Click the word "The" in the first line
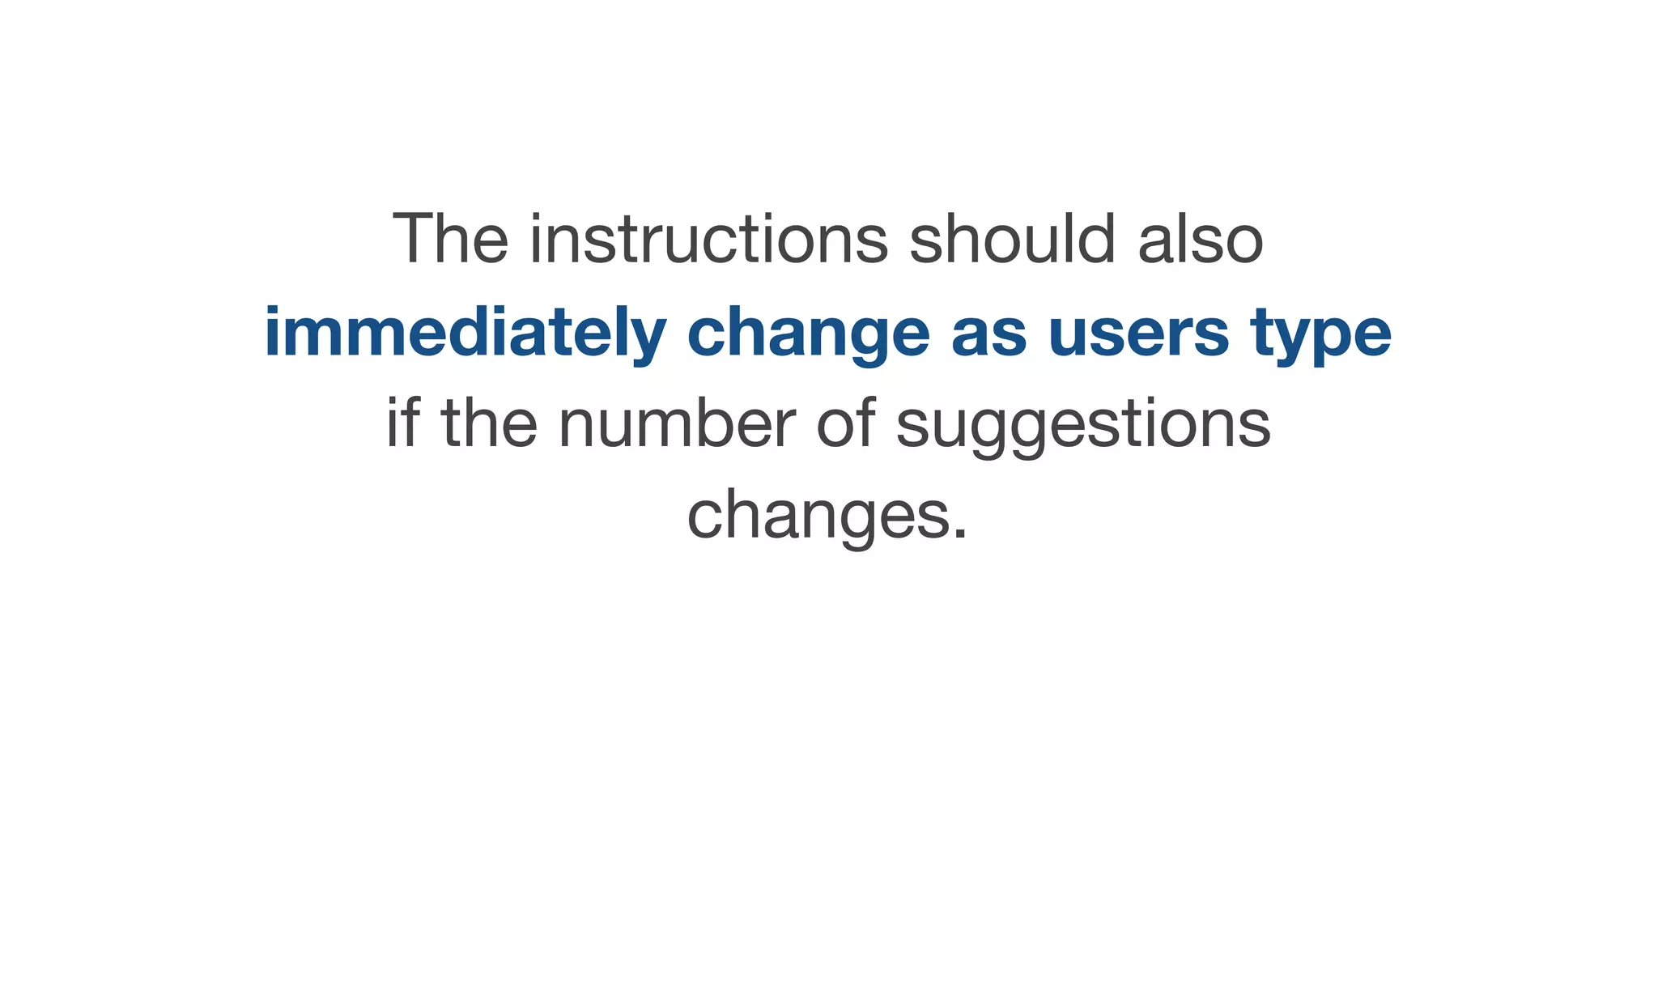tap(450, 239)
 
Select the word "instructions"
tap(709, 239)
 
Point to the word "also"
tap(1201, 239)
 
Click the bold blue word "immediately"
tap(466, 333)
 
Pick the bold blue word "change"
tap(809, 333)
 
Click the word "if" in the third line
tap(402, 423)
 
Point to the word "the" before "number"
tap(489, 423)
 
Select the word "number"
tap(677, 423)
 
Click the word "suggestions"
tap(1083, 423)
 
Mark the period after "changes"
tap(960, 534)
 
